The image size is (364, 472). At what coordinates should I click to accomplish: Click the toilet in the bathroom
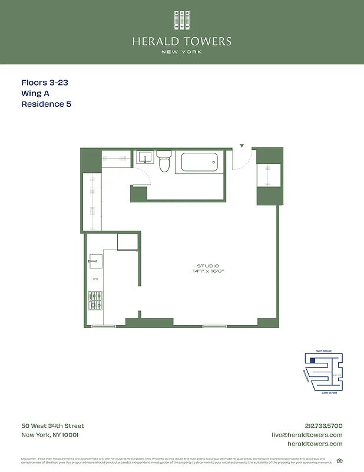164,162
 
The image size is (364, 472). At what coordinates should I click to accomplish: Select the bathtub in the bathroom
202,162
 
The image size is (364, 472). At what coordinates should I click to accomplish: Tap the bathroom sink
145,158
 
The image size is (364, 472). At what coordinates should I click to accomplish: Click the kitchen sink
95,261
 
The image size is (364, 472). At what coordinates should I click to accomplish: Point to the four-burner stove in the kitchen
95,301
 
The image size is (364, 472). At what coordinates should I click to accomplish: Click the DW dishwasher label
95,279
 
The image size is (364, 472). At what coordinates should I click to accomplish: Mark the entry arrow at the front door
241,145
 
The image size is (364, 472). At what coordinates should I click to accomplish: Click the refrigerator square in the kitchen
127,242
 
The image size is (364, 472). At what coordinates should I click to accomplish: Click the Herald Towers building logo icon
182,20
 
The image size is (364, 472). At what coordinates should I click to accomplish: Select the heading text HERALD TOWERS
182,41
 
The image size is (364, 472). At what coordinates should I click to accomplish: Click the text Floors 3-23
44,83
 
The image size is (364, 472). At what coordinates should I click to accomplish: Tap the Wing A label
37,94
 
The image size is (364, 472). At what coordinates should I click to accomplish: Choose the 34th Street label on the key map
323,351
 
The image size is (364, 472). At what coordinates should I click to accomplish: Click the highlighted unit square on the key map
313,360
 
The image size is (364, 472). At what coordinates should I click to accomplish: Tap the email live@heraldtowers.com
307,435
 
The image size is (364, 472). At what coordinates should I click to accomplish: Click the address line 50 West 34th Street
52,426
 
